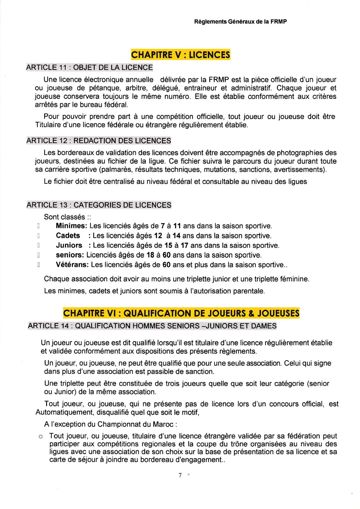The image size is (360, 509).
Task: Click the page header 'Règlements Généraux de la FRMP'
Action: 240,21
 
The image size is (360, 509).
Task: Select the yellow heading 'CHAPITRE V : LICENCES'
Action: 181,55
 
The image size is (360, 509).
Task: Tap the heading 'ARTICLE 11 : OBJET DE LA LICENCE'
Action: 89,67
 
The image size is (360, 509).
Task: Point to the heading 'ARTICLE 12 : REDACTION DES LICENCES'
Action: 99,141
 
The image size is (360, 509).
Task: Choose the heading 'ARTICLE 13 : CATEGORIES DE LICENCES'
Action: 99,205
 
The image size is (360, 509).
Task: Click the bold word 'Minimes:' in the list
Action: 71,226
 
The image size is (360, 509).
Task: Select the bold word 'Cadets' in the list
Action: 68,236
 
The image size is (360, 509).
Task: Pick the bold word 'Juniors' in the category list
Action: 69,246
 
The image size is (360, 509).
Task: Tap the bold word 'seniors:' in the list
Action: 70,255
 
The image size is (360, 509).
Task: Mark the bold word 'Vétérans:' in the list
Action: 72,265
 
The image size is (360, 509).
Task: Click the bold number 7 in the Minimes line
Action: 163,226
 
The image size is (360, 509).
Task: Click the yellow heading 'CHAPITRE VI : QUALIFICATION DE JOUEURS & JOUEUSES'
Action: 181,313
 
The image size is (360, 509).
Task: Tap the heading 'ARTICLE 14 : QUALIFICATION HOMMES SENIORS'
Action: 152,326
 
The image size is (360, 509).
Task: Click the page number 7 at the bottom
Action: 180,475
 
